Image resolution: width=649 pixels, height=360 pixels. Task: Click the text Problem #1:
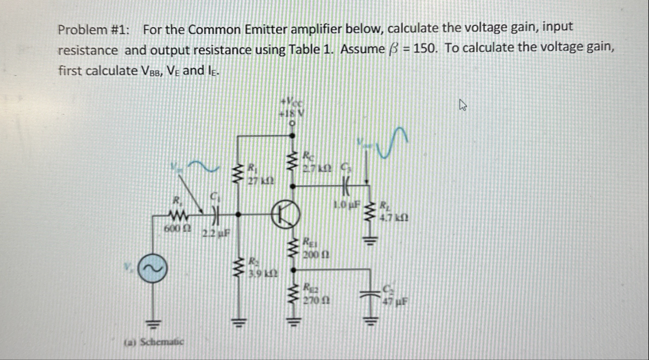pos(94,29)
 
